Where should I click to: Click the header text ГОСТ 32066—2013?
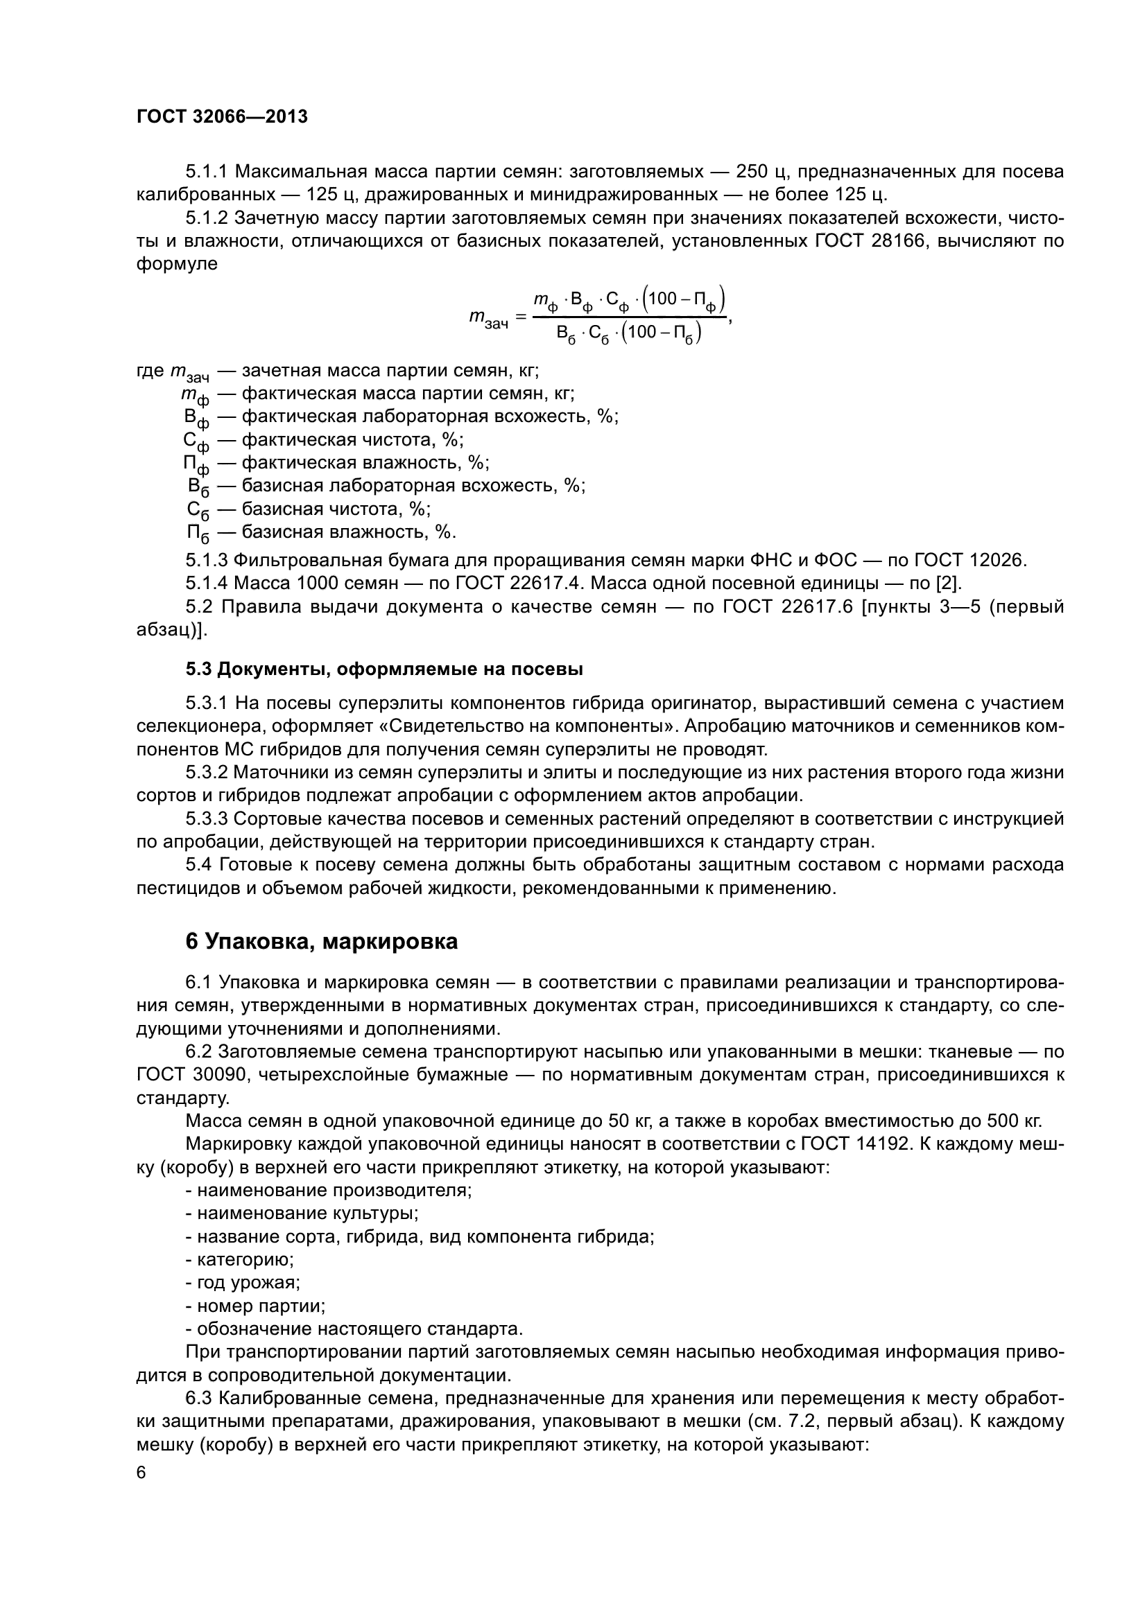coord(222,117)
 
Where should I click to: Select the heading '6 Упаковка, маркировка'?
coord(321,941)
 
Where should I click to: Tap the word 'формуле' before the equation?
coord(177,264)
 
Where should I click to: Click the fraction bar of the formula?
coord(629,317)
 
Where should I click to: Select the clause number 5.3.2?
coord(206,772)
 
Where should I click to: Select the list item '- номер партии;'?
coord(255,1306)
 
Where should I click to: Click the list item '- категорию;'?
coord(239,1259)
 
